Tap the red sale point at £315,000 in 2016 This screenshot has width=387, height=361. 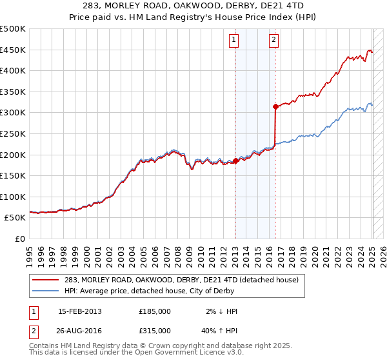pyautogui.click(x=275, y=106)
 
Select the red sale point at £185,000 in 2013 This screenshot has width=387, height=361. pyautogui.click(x=235, y=161)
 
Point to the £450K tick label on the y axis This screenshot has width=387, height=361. pyautogui.click(x=13, y=50)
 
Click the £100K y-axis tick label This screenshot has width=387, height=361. pyautogui.click(x=13, y=197)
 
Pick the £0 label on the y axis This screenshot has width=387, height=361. pyautogui.click(x=19, y=239)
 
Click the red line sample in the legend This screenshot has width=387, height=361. pyautogui.click(x=46, y=280)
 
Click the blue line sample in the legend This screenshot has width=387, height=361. pyautogui.click(x=46, y=291)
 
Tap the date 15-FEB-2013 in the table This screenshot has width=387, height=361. pyautogui.click(x=80, y=311)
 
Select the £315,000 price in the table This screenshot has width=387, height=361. pyautogui.click(x=155, y=330)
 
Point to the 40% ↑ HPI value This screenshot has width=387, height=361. pyautogui.click(x=219, y=330)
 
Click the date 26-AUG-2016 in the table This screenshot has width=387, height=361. pyautogui.click(x=81, y=330)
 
